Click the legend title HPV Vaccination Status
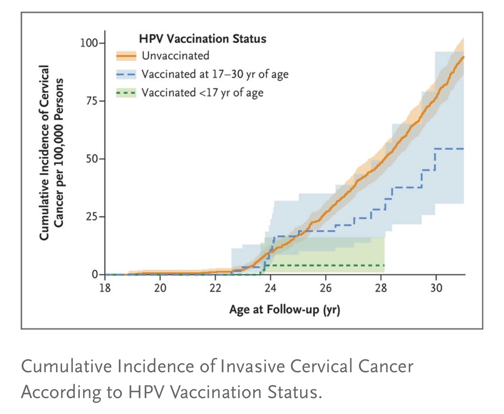point(202,39)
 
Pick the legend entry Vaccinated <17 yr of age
point(203,92)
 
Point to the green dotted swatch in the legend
point(126,93)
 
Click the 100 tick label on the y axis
point(89,44)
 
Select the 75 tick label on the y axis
point(91,101)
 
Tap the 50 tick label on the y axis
point(91,159)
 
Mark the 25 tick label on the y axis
point(91,217)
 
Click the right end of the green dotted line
point(383,265)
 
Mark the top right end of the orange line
point(464,56)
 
